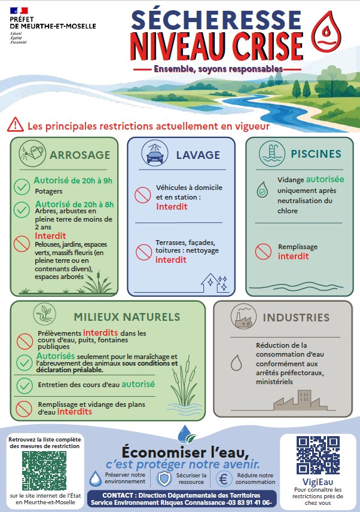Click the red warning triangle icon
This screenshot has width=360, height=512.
click(16, 124)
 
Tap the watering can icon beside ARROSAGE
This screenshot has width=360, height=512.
click(32, 153)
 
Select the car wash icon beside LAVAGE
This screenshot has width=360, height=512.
click(155, 153)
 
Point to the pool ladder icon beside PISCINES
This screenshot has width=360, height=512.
click(271, 154)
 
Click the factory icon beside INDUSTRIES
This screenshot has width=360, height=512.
click(243, 316)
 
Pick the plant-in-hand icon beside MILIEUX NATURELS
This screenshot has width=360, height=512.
click(44, 314)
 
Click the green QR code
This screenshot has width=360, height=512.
click(44, 471)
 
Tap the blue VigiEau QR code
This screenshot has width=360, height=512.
click(318, 455)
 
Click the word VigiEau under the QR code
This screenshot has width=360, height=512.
click(318, 482)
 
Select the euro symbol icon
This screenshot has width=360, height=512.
click(224, 479)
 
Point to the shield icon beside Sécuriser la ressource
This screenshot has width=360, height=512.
click(164, 479)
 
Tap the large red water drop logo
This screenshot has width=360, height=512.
click(326, 32)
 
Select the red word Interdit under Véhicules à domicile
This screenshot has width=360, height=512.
click(172, 207)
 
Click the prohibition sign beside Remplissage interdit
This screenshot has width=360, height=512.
click(263, 252)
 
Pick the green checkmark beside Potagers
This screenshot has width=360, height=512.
click(22, 187)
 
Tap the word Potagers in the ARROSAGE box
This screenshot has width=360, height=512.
click(48, 191)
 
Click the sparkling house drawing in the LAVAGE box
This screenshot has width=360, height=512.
click(214, 283)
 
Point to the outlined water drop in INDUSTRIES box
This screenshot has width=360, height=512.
click(236, 363)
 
